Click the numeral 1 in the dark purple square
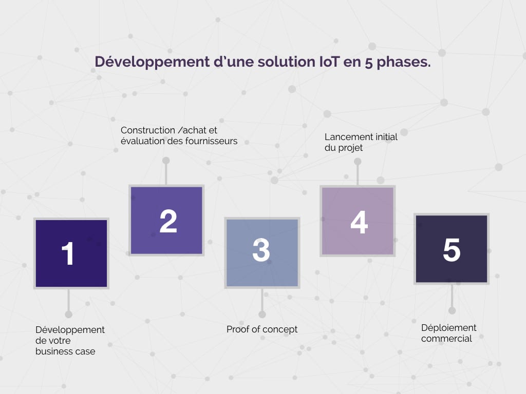point(68,253)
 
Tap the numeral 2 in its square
point(168,221)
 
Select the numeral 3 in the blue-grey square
point(261,251)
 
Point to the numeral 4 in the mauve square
point(359,222)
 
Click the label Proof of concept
point(262,329)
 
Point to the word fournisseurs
point(211,141)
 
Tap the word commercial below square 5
point(446,339)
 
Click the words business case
point(65,352)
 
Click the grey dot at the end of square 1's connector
point(68,314)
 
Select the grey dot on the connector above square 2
point(166,161)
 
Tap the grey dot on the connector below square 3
point(262,314)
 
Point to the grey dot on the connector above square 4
point(358,162)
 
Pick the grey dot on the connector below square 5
point(452,310)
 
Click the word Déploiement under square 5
point(449,328)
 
